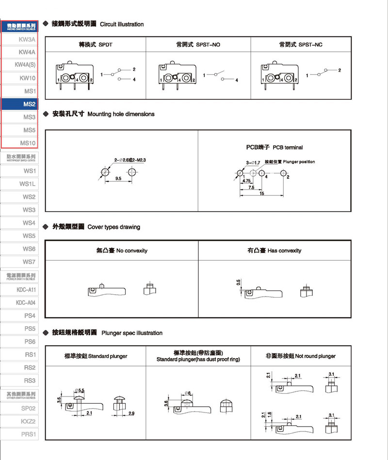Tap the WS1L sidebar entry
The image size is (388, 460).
pyautogui.click(x=27, y=184)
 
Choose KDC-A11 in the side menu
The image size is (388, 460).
pyautogui.click(x=26, y=289)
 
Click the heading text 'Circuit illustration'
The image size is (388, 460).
pyautogui.click(x=122, y=24)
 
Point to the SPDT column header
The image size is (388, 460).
pyautogui.click(x=96, y=45)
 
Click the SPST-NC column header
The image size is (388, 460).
pyautogui.click(x=301, y=45)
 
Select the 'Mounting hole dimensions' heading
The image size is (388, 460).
pyautogui.click(x=121, y=114)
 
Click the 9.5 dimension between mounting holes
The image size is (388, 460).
pyautogui.click(x=118, y=179)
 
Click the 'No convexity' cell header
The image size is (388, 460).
pyautogui.click(x=122, y=251)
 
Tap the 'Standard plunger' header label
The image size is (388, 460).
pyautogui.click(x=96, y=356)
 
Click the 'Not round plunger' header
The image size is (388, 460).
pyautogui.click(x=301, y=356)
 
